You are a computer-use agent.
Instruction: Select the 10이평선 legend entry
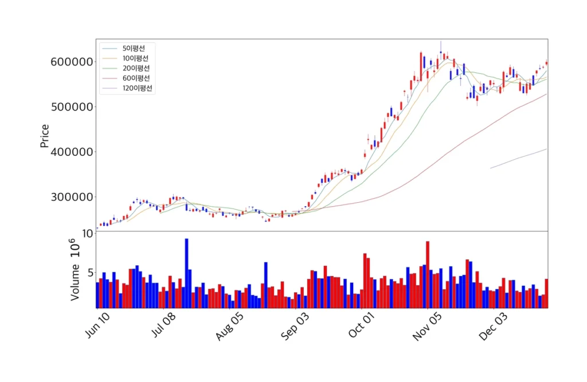click(135, 58)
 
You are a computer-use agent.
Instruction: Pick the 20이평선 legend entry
click(135, 68)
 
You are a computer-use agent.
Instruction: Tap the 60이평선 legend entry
click(135, 78)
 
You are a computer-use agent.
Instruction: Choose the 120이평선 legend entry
click(138, 88)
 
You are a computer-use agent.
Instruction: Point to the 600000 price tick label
click(71, 62)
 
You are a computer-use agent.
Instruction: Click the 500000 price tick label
click(71, 107)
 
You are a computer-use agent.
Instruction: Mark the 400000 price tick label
click(71, 152)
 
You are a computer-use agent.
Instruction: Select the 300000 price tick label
click(71, 197)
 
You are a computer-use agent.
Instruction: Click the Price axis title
click(45, 136)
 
